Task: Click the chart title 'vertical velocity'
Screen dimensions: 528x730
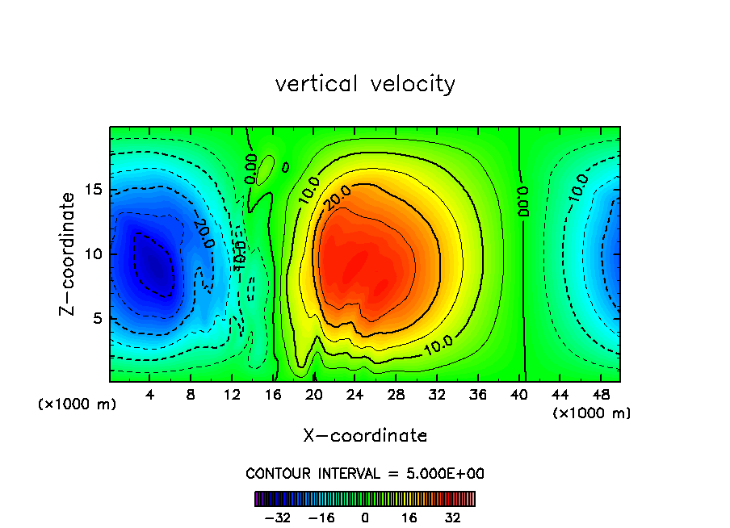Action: coord(365,84)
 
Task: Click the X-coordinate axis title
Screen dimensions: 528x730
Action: coord(365,436)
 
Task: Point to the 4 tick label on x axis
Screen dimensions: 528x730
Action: coord(150,395)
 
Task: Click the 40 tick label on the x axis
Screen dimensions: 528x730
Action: coord(518,395)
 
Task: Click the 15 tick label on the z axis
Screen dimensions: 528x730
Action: coord(92,190)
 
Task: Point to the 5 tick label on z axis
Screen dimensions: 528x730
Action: coord(97,318)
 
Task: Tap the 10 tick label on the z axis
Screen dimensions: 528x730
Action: coord(92,254)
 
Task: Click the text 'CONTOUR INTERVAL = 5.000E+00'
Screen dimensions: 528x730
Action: coord(365,473)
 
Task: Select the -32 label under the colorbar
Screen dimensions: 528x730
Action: coord(277,518)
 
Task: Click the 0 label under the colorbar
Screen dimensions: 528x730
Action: coord(365,518)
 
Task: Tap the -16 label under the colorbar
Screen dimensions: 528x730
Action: coord(321,518)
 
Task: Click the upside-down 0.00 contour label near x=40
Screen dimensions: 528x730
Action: coord(523,202)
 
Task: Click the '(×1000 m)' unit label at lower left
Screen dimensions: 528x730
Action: coord(78,404)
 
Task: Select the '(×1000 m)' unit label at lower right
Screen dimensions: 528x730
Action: coord(591,413)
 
